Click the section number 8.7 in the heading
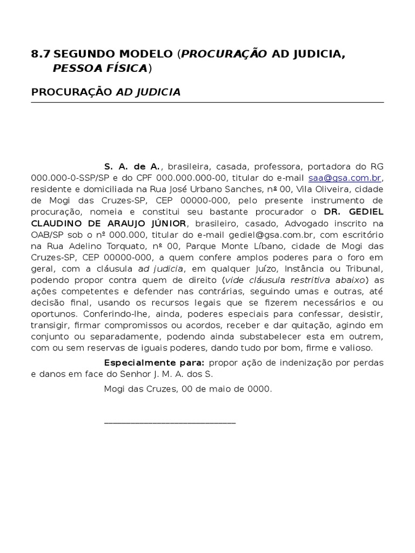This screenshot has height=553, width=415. pos(41,54)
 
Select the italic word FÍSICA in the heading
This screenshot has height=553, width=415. pos(126,68)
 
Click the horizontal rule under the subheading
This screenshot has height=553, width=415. pos(207,102)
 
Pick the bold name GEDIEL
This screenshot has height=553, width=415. pos(365,212)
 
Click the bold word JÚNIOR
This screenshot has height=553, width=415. pos(168,223)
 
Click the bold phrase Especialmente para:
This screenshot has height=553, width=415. pos(154,362)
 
